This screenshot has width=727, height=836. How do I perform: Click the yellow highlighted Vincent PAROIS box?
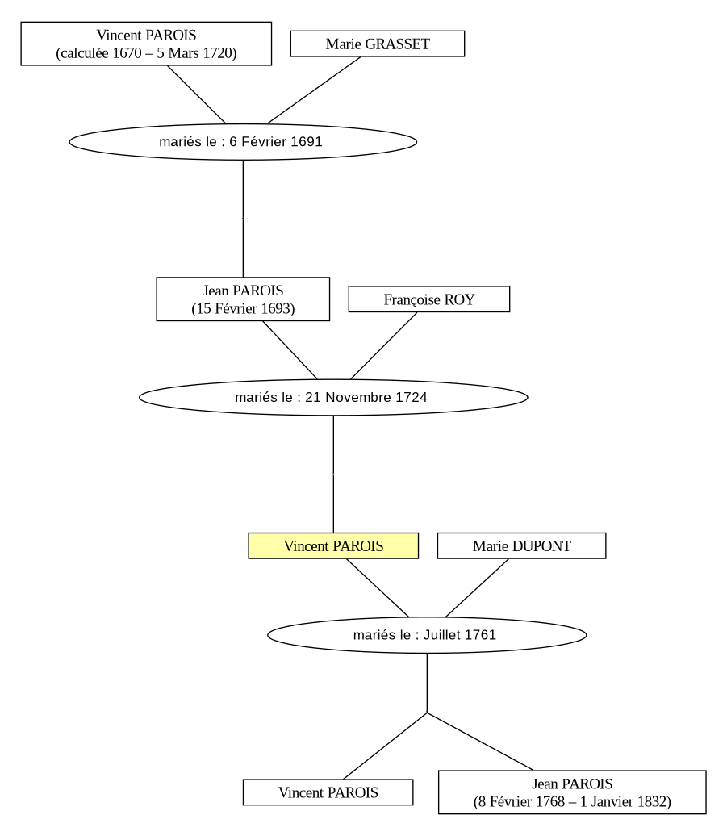point(333,545)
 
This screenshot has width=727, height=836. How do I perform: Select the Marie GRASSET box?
point(378,44)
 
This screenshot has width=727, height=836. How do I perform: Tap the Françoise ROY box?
point(429,299)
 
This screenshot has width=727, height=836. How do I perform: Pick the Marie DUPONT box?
point(522,545)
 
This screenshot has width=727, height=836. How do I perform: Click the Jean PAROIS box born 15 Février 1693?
point(243,299)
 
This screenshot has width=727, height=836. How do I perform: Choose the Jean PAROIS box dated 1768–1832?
point(572,792)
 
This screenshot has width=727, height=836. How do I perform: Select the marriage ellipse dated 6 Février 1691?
point(243,142)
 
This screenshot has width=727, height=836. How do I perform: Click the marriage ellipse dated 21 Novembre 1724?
point(334,397)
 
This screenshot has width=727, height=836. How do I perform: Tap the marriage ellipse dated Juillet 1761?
point(427,635)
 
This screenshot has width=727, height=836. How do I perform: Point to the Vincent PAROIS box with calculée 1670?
point(146,44)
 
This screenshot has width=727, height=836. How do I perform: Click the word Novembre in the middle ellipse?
point(359,397)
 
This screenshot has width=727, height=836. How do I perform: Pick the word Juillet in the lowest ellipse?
point(442,635)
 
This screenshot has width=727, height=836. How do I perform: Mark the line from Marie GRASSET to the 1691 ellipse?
point(314,90)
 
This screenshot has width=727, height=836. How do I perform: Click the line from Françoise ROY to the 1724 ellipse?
point(384,346)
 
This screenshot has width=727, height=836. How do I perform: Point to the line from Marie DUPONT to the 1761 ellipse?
point(477,588)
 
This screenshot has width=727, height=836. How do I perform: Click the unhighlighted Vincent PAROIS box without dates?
point(328,792)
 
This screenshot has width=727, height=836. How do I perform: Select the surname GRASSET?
point(397,44)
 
